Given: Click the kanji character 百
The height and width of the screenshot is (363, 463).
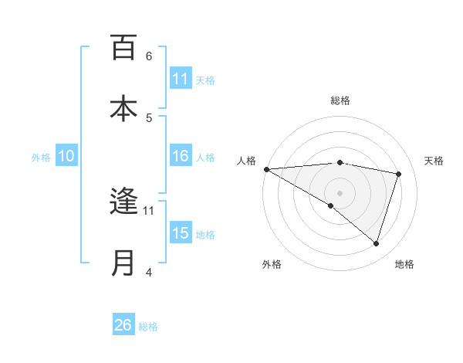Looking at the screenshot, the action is click(x=123, y=48).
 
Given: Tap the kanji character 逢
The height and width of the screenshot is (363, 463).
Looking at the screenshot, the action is click(x=123, y=202).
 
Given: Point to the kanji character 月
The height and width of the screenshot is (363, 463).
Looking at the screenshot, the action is click(x=123, y=263).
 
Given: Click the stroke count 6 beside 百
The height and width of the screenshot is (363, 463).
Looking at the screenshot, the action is click(x=149, y=56).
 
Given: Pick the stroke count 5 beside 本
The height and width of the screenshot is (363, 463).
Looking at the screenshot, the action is click(x=149, y=117).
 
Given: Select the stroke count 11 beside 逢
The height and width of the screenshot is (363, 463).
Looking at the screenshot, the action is click(x=149, y=210).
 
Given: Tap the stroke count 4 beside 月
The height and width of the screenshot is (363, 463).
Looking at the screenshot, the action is click(x=149, y=272).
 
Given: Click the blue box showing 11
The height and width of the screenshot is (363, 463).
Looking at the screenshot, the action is click(x=181, y=79).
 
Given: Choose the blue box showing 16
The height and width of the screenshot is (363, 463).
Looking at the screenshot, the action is click(x=181, y=156).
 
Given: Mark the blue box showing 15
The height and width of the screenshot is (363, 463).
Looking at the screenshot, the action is click(x=181, y=233).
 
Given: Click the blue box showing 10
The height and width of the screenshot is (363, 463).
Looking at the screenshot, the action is click(x=66, y=156).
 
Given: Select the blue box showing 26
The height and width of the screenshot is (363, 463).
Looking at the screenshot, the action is click(x=123, y=325).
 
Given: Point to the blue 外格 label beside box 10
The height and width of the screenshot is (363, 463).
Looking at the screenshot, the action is click(x=41, y=157).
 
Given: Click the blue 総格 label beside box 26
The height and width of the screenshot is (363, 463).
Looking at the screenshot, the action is click(x=148, y=326).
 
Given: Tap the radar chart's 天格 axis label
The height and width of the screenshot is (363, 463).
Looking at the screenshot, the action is click(x=434, y=161).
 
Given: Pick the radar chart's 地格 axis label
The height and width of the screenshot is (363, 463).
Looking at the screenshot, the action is click(x=404, y=264).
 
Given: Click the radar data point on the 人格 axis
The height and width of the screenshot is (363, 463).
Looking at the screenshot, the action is click(x=266, y=169).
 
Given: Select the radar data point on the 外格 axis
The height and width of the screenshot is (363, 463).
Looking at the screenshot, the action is click(x=331, y=205).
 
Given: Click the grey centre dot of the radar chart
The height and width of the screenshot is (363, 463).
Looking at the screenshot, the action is click(x=340, y=192).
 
